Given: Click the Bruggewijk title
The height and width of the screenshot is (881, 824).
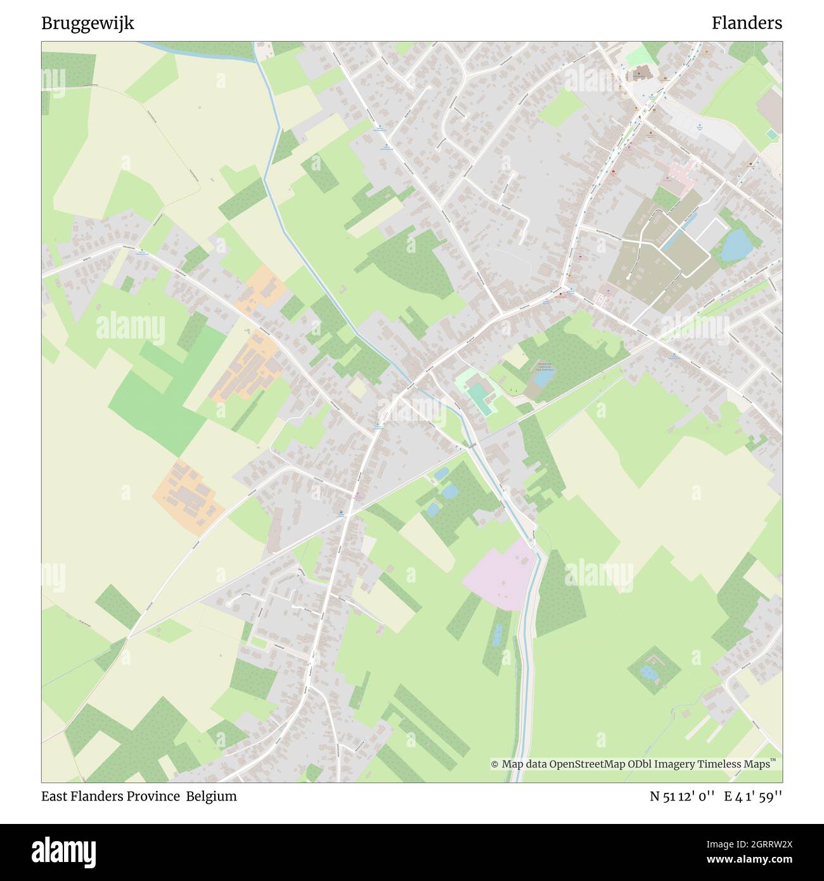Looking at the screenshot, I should pos(87,23).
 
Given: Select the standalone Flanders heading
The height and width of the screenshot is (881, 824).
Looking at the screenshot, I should pos(746,23).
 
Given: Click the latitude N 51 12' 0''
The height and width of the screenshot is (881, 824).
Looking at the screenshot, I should pos(683,797).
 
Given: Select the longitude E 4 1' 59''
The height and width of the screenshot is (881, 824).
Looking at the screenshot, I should pos(754,797).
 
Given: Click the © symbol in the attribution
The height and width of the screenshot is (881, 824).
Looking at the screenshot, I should pos(494,764).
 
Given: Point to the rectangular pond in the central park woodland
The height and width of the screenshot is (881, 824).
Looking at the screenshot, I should pos(543,378).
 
